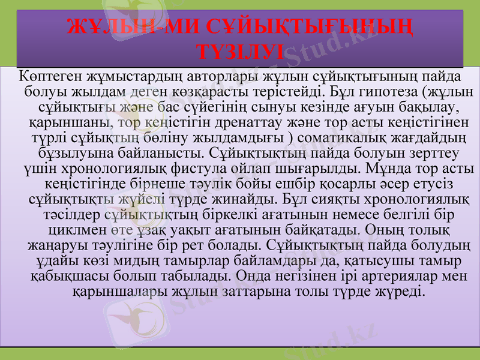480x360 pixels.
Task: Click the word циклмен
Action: [x=77, y=230]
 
